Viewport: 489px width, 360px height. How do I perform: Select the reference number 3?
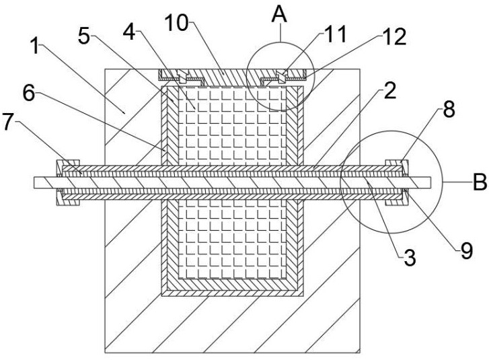point(410,258)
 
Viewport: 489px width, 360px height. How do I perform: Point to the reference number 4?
point(128,32)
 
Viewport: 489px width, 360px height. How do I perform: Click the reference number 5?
point(84,36)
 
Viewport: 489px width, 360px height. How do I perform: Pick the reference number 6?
point(29,93)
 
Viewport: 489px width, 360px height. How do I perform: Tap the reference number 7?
point(8,122)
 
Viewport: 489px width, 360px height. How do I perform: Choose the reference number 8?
point(449,110)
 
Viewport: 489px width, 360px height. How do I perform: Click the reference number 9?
point(467,250)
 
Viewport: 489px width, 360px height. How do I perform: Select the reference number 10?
point(176,23)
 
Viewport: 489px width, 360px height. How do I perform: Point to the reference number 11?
point(336,34)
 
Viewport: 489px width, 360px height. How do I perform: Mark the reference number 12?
point(395,37)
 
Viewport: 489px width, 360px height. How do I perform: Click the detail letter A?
point(279,14)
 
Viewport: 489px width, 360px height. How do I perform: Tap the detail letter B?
point(480,182)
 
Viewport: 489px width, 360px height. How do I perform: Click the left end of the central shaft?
point(34,182)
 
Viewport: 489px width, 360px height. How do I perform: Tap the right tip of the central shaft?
point(430,182)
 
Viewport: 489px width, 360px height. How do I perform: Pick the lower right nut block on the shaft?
point(396,201)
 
